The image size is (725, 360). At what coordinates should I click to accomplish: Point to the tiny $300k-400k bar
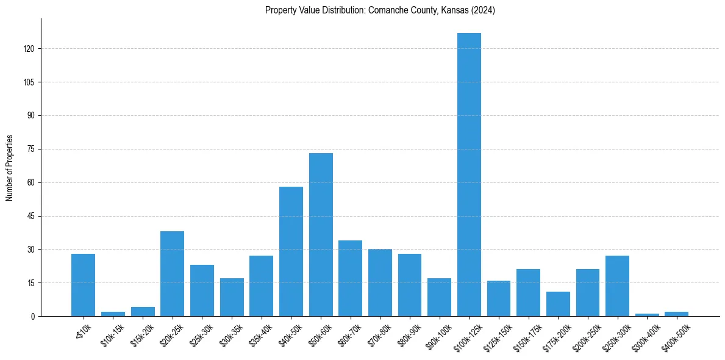click(x=647, y=315)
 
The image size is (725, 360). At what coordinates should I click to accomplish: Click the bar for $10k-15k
click(x=113, y=314)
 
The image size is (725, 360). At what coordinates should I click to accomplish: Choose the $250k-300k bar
click(x=617, y=286)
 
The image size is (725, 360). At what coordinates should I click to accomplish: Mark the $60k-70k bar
click(x=350, y=278)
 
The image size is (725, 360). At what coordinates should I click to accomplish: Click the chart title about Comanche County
click(x=380, y=10)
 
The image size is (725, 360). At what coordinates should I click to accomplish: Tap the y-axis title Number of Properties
click(x=9, y=168)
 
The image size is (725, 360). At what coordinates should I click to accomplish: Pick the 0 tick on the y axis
click(x=37, y=316)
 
